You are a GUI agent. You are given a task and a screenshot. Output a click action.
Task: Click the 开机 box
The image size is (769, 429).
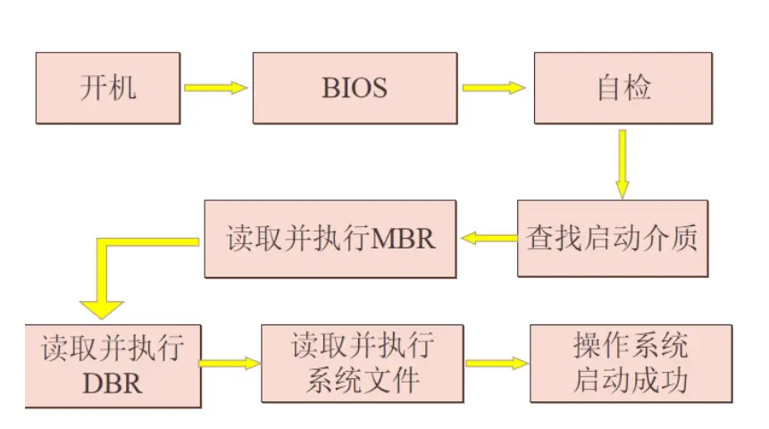pos(108,88)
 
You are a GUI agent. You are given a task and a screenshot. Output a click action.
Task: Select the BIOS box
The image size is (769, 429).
pos(355,88)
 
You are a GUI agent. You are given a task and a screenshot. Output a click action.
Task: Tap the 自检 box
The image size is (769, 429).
pos(623,88)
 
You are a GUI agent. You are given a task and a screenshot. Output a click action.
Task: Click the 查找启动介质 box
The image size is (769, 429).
pos(613,239)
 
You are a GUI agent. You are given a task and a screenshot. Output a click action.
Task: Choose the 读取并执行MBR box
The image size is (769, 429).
pos(330,239)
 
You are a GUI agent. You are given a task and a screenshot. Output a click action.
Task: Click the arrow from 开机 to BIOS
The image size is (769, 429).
pos(214,88)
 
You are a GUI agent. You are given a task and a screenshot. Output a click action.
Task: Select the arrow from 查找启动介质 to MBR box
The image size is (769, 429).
pos(489,238)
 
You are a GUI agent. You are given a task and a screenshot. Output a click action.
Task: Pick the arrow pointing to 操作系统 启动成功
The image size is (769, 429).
pos(497,364)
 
